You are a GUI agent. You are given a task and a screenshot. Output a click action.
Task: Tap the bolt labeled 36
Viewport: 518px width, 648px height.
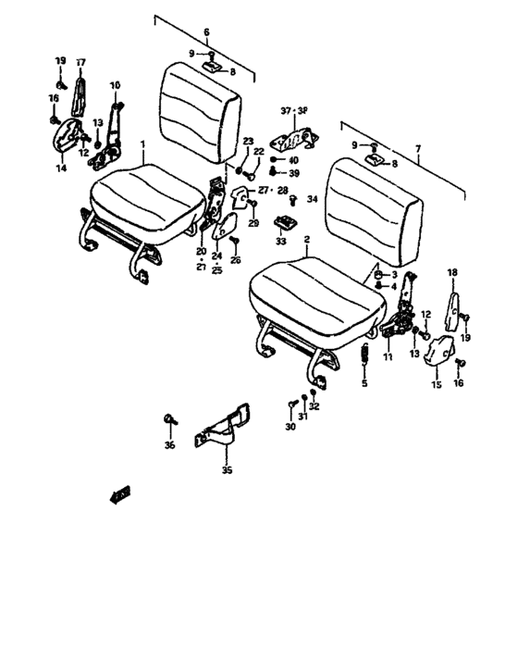pyautogui.click(x=170, y=420)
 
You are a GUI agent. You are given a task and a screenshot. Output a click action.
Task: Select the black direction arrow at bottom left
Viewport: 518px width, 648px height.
pyautogui.click(x=119, y=496)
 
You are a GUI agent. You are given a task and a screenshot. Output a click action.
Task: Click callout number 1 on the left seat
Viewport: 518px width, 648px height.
pyautogui.click(x=142, y=145)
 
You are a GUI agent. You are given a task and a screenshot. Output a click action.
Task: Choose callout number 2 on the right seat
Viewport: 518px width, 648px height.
pyautogui.click(x=306, y=239)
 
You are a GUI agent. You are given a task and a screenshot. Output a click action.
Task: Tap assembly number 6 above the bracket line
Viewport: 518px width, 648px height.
pyautogui.click(x=207, y=31)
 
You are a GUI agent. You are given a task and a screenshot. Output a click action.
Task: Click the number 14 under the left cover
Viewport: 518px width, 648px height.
pyautogui.click(x=61, y=168)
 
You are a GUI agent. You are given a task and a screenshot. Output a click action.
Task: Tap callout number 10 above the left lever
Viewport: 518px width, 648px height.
pyautogui.click(x=116, y=86)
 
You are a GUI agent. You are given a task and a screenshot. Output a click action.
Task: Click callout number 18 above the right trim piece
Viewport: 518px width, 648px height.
pyautogui.click(x=452, y=272)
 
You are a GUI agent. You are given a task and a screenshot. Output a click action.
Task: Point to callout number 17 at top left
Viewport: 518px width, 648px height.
pyautogui.click(x=80, y=62)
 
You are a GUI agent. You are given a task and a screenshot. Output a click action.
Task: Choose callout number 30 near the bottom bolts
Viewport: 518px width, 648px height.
pyautogui.click(x=290, y=427)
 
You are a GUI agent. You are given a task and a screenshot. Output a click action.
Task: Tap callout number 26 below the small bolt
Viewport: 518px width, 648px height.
pyautogui.click(x=235, y=262)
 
